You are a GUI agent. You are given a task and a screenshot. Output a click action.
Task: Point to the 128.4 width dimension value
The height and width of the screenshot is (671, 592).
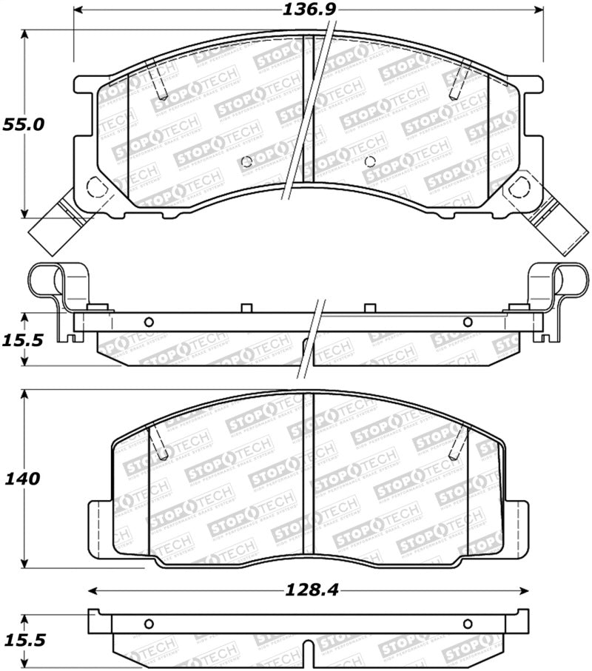(310, 590)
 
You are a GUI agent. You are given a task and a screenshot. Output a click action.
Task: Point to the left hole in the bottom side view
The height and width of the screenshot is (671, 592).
(148, 622)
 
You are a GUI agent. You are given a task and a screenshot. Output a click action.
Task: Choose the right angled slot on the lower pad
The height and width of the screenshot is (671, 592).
(459, 441)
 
